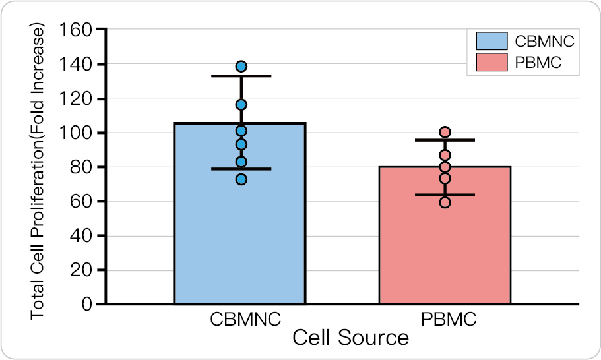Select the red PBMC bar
(445, 244)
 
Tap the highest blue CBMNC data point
(241, 67)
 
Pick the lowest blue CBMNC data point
(241, 179)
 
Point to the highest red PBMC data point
(445, 133)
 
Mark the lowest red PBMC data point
(445, 202)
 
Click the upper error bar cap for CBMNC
(241, 76)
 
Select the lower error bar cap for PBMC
(445, 195)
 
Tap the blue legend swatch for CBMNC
(492, 41)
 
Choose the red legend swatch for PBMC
(492, 63)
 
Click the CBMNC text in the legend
(545, 41)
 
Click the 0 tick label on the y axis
(86, 305)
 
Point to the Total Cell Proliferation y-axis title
(38, 171)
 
